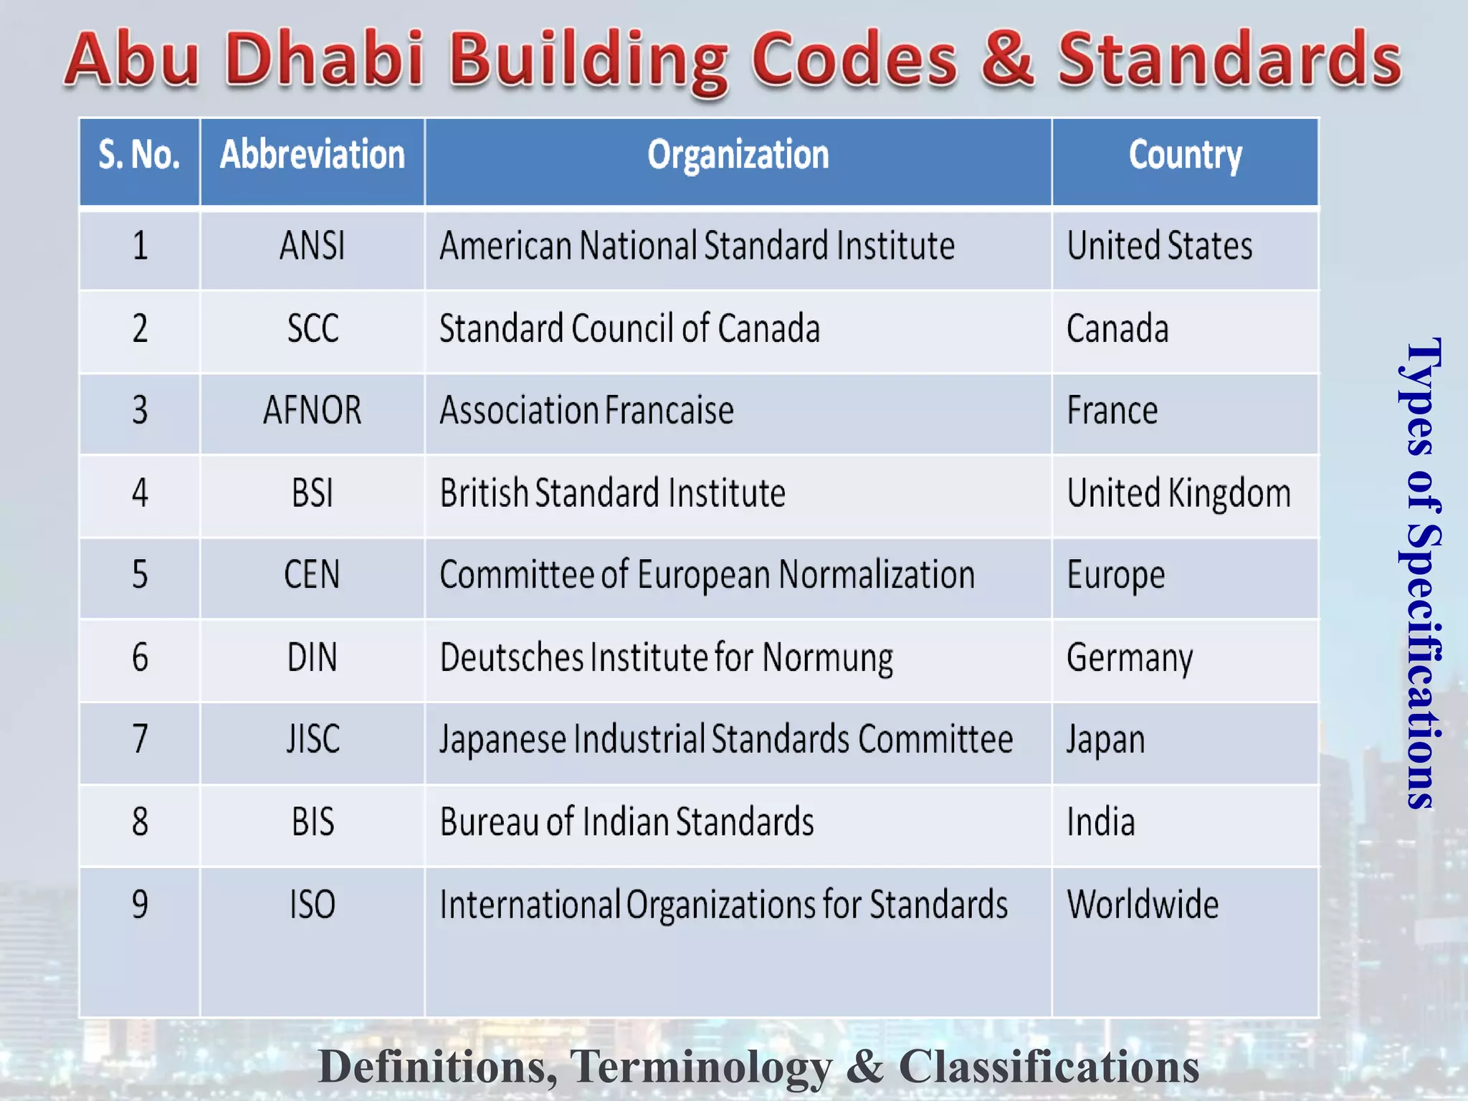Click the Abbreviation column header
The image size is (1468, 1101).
pyautogui.click(x=312, y=155)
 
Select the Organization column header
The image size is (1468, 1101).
pyautogui.click(x=738, y=155)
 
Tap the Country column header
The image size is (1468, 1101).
pyautogui.click(x=1185, y=155)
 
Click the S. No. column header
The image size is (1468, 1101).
pyautogui.click(x=139, y=155)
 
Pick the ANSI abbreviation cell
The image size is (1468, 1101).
pyautogui.click(x=312, y=246)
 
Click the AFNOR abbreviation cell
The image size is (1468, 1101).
pyautogui.click(x=312, y=411)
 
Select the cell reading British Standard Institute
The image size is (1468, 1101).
pyautogui.click(x=612, y=493)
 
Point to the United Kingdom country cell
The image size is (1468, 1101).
pyautogui.click(x=1178, y=493)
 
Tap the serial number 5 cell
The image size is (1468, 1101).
pyautogui.click(x=140, y=575)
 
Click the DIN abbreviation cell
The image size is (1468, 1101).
pyautogui.click(x=312, y=657)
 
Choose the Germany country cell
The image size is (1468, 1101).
pyautogui.click(x=1130, y=657)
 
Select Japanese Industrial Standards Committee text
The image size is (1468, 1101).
pyautogui.click(x=725, y=740)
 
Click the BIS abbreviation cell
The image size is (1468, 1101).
pyautogui.click(x=313, y=822)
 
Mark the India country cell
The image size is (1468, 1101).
pyautogui.click(x=1100, y=822)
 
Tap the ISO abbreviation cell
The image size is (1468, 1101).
pyautogui.click(x=313, y=905)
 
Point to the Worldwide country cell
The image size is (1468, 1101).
pyautogui.click(x=1143, y=905)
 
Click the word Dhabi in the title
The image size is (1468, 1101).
pyautogui.click(x=326, y=59)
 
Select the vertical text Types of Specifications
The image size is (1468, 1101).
pyautogui.click(x=1421, y=573)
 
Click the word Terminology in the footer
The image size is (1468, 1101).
pyautogui.click(x=700, y=1067)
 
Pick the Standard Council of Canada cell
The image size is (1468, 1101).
pyautogui.click(x=629, y=329)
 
